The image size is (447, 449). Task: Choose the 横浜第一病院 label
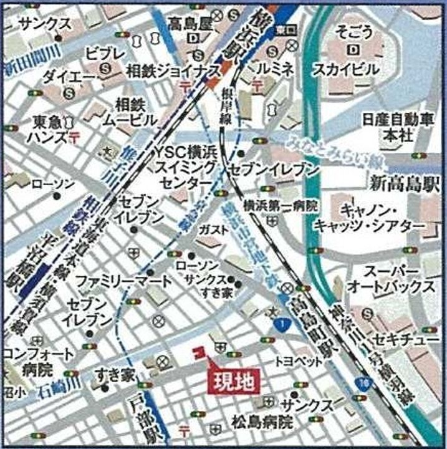(281, 205)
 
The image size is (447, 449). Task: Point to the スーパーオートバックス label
(390, 279)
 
